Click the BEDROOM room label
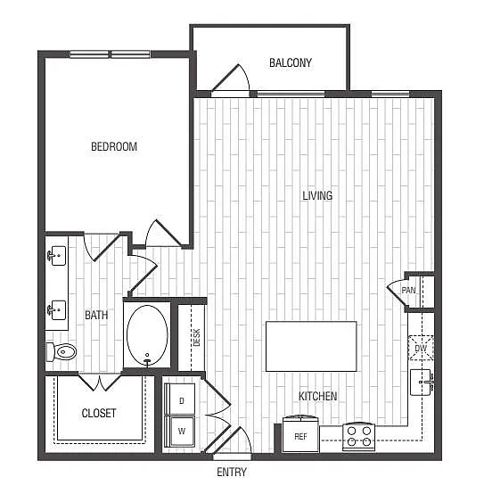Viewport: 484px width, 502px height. [x=114, y=146]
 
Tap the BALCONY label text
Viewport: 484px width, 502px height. [x=291, y=62]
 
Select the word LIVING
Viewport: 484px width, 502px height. [x=317, y=195]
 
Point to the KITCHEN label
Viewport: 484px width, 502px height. [x=318, y=396]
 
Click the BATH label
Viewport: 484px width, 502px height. [x=96, y=315]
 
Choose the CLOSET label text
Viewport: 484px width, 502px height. [x=99, y=413]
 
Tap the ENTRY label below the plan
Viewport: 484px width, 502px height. [x=231, y=472]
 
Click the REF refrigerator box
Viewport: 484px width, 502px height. [x=300, y=435]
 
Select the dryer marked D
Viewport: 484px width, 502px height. [x=182, y=400]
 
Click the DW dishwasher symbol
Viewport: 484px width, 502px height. [x=421, y=348]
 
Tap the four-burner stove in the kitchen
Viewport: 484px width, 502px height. [x=359, y=436]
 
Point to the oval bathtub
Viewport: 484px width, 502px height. [x=147, y=335]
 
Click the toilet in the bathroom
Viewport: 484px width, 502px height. [x=63, y=352]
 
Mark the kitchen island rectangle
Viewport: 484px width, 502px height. [x=311, y=346]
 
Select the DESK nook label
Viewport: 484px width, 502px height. [x=196, y=337]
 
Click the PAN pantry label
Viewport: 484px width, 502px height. [x=409, y=291]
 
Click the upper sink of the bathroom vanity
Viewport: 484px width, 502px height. [x=57, y=256]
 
